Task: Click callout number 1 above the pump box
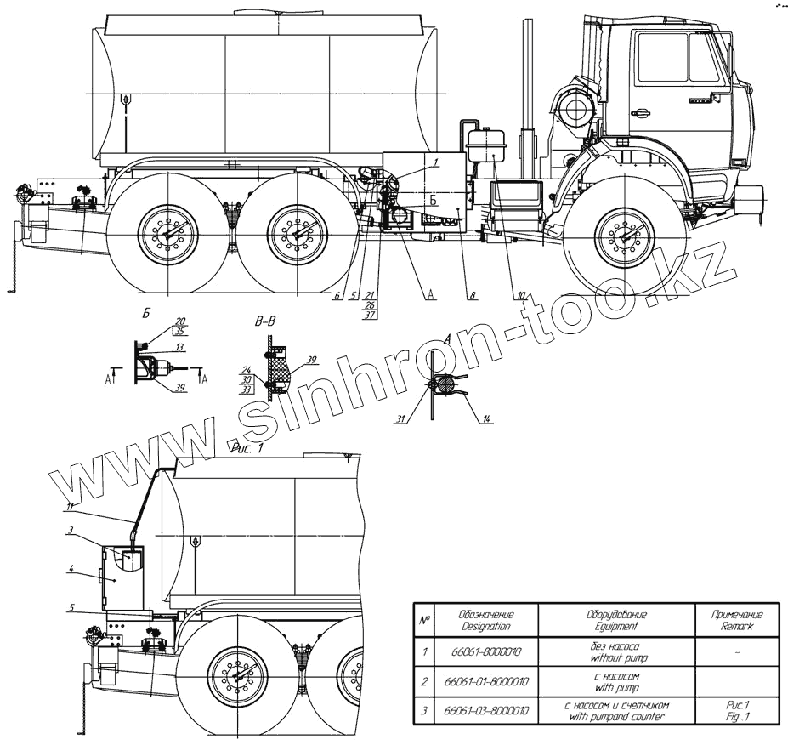click(434, 160)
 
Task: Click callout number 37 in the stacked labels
click(370, 315)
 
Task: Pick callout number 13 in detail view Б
click(179, 348)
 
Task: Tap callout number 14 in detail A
click(487, 418)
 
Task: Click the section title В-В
click(265, 321)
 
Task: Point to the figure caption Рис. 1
click(248, 446)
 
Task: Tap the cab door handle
click(639, 112)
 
